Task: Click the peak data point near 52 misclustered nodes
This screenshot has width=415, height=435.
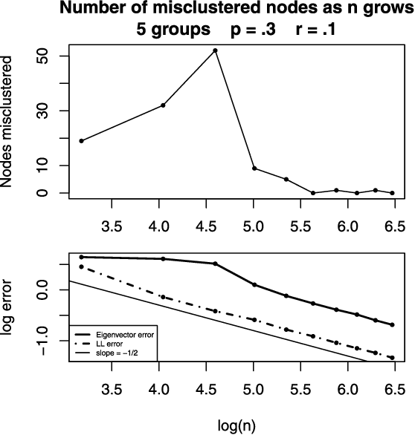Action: point(216,50)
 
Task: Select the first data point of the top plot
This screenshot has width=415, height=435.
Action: point(81,140)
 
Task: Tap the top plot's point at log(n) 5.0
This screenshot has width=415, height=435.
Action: point(254,169)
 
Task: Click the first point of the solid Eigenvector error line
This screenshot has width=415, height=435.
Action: point(81,257)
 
